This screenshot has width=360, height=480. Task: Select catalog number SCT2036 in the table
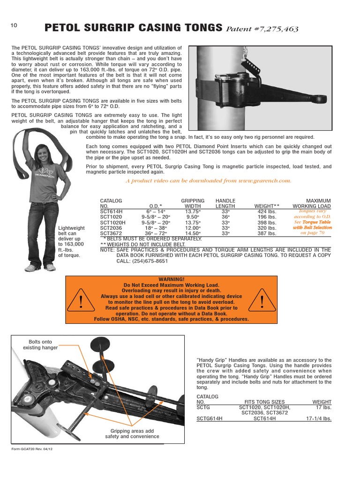111,227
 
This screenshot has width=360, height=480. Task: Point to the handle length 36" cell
225,217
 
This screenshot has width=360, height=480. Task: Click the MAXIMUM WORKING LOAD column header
312,203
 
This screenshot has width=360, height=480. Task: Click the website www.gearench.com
264,180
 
